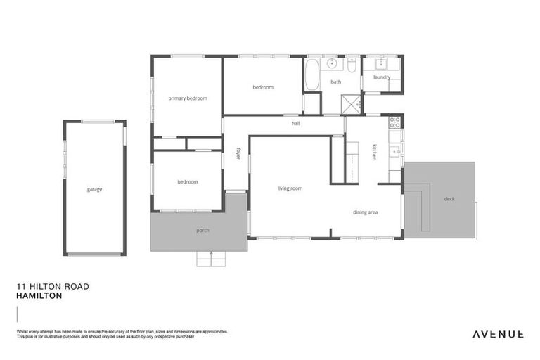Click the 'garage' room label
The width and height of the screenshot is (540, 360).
(x=94, y=189)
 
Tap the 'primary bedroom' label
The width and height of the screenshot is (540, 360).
(x=188, y=98)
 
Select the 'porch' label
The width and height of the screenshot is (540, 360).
(x=202, y=230)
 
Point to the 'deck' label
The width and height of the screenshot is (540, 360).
(x=449, y=199)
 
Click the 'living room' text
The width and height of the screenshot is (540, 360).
(x=290, y=188)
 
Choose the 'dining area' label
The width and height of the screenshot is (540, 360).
(x=366, y=212)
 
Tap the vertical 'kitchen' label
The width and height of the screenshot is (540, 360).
(x=374, y=152)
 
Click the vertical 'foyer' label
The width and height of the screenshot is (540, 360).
(x=238, y=153)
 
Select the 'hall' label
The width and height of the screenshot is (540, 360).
(x=296, y=123)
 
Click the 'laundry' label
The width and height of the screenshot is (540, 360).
(x=382, y=77)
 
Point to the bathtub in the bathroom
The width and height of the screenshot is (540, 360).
(x=311, y=74)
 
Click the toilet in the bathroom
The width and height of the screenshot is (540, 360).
(x=352, y=66)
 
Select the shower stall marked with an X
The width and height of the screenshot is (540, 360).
(x=351, y=104)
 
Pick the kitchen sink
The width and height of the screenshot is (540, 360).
(x=395, y=151)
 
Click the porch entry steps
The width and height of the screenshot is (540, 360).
(x=212, y=259)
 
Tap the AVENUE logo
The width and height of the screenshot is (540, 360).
(x=497, y=333)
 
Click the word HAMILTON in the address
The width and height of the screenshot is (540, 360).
(x=39, y=296)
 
